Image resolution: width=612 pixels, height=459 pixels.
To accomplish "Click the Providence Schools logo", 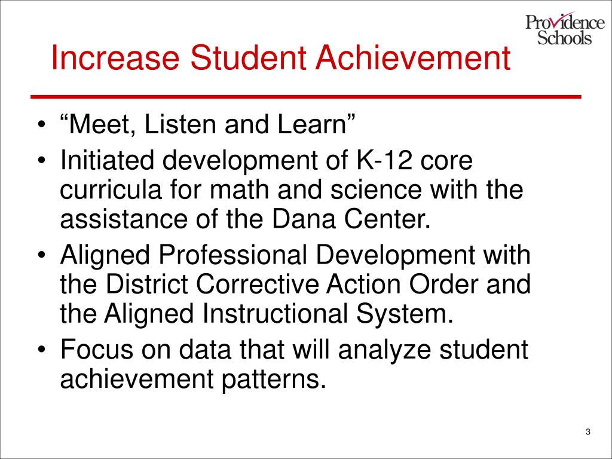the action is point(565,29).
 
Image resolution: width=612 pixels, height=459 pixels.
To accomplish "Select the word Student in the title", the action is point(248,58).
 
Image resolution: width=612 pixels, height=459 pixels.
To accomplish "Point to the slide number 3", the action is point(588,432).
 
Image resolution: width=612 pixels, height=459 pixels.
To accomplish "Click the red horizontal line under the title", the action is point(306,96).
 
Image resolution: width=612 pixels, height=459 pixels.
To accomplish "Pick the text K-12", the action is point(384,160).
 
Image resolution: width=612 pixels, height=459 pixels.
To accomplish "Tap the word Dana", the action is point(304,220).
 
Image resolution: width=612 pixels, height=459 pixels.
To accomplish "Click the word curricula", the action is point(111,190).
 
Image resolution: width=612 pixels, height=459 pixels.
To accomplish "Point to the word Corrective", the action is point(258,284).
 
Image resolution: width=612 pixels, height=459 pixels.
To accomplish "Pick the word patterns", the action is point(274,380).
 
